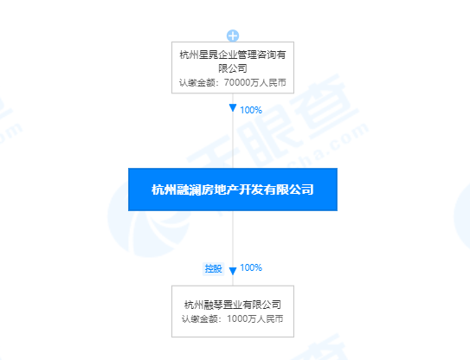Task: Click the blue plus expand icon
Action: click(x=233, y=35)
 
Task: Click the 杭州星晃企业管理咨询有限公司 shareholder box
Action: click(x=233, y=67)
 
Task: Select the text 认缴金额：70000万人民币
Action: click(x=233, y=82)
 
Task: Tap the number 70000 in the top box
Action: click(x=237, y=82)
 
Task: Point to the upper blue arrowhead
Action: click(x=233, y=108)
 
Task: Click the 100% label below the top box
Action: click(x=251, y=110)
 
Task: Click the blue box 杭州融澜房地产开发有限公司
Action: click(x=233, y=190)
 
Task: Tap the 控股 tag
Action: click(x=213, y=268)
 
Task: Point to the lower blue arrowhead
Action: click(x=233, y=271)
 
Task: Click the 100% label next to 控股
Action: click(x=251, y=267)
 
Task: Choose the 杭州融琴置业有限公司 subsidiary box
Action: click(x=233, y=312)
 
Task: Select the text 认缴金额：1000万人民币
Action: click(x=233, y=318)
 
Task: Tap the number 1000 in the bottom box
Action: click(x=237, y=318)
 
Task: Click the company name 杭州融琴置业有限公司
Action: click(x=233, y=305)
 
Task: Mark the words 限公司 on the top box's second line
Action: click(x=233, y=68)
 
